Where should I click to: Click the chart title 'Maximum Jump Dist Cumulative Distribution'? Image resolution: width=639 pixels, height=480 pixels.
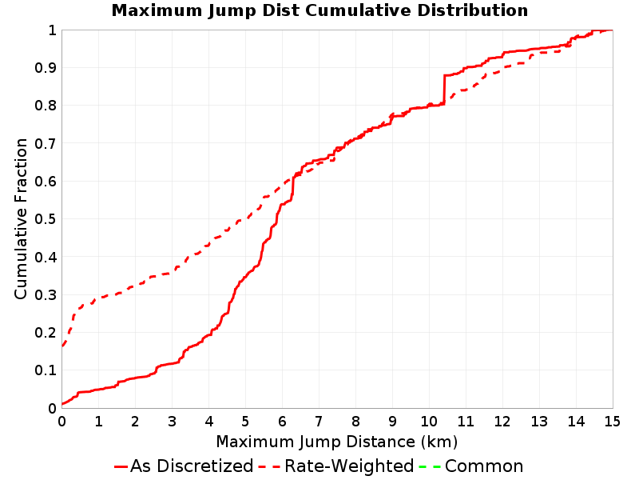(319, 10)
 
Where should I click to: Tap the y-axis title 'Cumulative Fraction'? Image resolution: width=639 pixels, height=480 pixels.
(21, 218)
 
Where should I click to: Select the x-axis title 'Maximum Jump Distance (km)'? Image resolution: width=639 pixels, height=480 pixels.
(337, 442)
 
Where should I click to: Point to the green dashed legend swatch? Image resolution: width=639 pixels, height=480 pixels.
(430, 466)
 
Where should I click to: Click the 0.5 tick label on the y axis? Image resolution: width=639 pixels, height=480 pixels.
(46, 219)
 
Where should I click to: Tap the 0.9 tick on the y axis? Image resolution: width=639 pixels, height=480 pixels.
(46, 68)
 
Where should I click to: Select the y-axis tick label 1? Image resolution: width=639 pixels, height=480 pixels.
(52, 30)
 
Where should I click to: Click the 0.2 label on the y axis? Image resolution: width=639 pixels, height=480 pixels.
(46, 333)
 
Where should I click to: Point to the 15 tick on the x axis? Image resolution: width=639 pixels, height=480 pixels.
(612, 422)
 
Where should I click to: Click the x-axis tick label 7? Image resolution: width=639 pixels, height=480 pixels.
(319, 422)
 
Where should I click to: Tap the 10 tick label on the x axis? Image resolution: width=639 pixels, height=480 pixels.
(429, 422)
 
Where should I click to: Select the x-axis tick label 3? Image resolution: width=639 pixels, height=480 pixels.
(172, 422)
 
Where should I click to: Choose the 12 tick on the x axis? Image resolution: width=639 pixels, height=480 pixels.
(502, 422)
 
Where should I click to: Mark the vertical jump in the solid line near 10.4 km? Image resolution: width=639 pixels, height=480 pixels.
(444, 90)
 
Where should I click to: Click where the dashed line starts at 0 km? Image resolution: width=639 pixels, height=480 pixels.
(62, 346)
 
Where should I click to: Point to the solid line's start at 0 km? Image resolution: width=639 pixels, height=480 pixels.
(62, 404)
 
